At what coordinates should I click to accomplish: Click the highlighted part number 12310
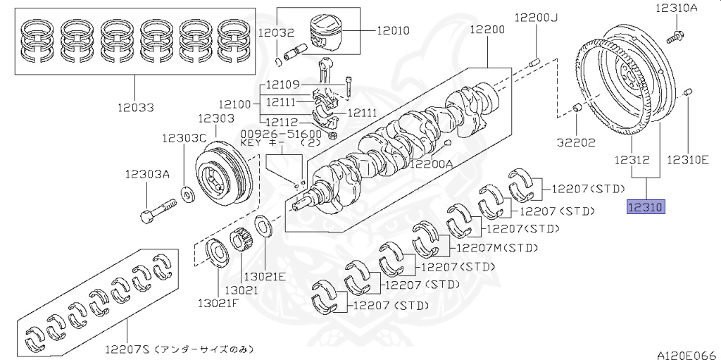click(x=645, y=207)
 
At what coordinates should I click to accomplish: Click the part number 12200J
click(x=535, y=17)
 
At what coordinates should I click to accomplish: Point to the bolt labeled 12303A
click(x=159, y=211)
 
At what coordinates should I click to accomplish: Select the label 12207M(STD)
click(x=497, y=248)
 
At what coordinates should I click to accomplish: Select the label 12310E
click(x=687, y=160)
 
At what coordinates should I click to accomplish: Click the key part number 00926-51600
click(x=281, y=134)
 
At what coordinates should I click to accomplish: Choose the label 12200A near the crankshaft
click(x=432, y=164)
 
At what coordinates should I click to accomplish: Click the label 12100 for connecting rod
click(x=236, y=104)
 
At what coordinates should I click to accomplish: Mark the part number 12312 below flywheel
click(x=631, y=160)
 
